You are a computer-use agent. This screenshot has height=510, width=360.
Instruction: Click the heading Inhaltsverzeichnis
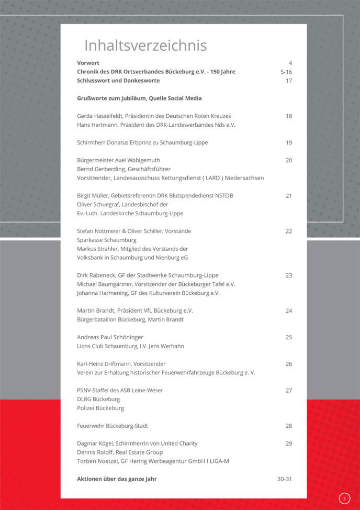145,46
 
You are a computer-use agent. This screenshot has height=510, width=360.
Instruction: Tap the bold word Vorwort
88,63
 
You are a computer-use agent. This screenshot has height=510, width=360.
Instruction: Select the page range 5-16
286,72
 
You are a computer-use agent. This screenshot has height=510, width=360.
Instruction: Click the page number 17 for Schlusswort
289,81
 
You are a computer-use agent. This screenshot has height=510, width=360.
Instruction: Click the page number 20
289,160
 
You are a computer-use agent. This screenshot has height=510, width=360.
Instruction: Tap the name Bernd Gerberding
100,169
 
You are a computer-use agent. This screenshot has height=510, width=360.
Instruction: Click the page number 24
289,311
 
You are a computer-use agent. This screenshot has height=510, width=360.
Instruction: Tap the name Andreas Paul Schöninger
110,337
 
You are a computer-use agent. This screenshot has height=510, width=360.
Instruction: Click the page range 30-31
285,479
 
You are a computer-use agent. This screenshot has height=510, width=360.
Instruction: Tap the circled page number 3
344,498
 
